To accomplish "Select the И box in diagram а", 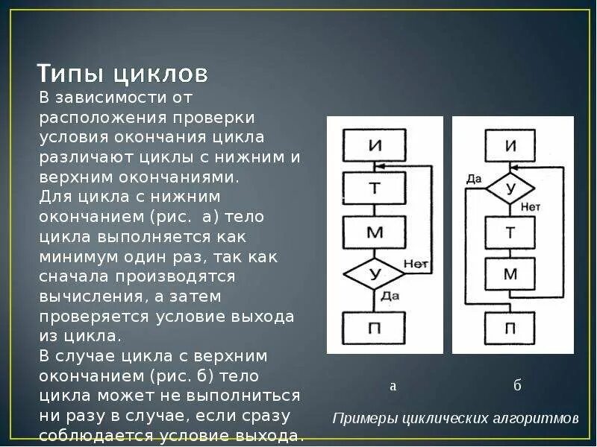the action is click(375, 145).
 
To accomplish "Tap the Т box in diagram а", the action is click(375, 188).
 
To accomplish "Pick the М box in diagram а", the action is click(375, 232).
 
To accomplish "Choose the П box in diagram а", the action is click(375, 327).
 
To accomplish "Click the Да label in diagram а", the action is click(390, 296).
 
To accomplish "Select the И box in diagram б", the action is click(510, 145).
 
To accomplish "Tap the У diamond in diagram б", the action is click(510, 188).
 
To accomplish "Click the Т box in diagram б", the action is click(510, 232).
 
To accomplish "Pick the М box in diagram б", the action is click(510, 273).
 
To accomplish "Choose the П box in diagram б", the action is click(510, 327).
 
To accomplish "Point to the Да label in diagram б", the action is click(474, 179).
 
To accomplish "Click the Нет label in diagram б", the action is click(531, 206).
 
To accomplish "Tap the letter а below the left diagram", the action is click(393, 386).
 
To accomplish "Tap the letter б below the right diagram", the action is click(517, 385).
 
